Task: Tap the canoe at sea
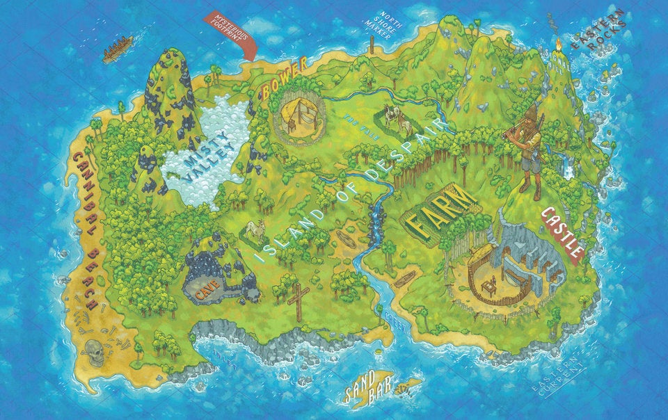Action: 118,49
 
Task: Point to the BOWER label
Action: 284,79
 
